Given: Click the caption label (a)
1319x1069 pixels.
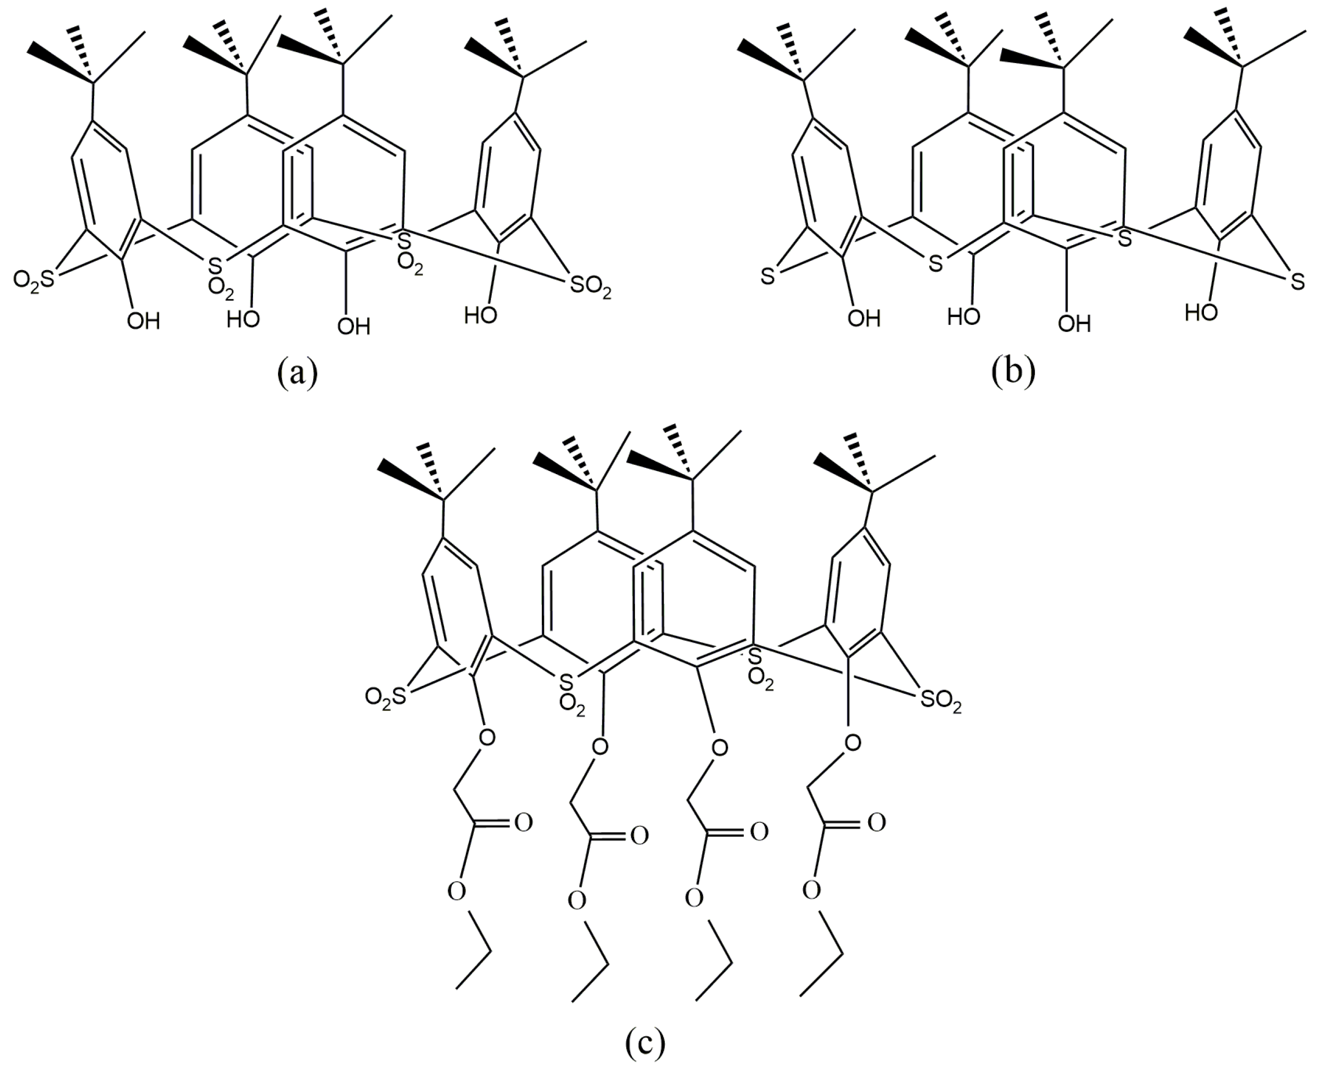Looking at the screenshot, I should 297,373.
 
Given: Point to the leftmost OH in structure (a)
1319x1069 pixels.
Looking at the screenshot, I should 143,321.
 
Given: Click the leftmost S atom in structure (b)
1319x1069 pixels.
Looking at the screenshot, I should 767,278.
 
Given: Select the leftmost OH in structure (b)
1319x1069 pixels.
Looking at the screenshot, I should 864,318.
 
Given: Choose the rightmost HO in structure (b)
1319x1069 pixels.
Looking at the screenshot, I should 1201,313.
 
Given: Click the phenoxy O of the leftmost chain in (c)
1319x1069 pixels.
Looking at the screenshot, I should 487,736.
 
